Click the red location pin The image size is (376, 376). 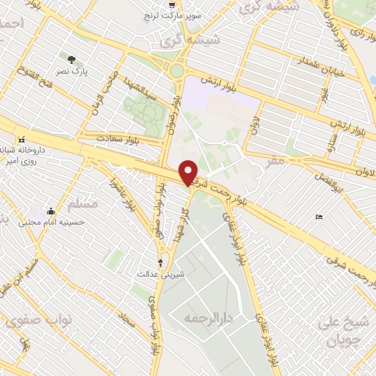point(189,173)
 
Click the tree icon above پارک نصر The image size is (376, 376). point(71,59)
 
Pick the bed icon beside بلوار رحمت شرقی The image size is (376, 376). point(318,217)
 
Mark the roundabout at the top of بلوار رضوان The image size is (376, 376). point(176,70)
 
